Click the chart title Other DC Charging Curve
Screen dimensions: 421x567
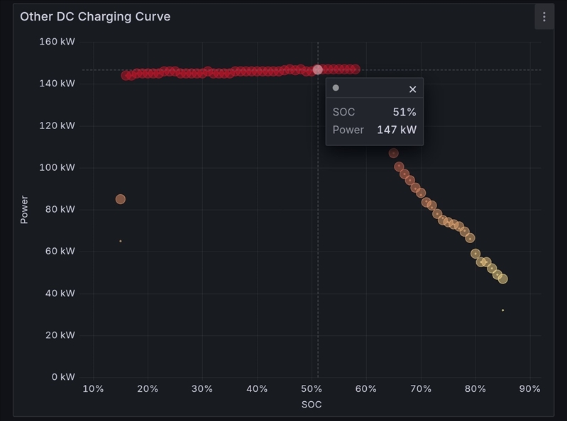95,16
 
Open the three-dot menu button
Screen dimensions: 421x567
544,16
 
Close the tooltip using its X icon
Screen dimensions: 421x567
412,89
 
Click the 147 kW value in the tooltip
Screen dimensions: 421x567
397,130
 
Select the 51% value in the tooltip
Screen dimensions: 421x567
404,112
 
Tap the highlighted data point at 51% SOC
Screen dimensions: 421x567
318,69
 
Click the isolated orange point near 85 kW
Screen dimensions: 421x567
121,199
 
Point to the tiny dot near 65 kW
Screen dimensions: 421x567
121,241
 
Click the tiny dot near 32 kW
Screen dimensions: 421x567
503,310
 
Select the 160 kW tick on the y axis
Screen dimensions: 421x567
57,42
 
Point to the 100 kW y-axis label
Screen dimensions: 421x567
57,167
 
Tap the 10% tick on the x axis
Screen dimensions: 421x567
93,388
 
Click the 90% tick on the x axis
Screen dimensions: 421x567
530,388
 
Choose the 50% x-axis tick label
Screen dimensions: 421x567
312,388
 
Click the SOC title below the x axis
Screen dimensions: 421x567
312,404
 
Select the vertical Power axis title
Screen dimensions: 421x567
24,210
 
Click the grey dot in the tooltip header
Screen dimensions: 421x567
336,88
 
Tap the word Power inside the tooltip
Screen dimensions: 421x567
348,130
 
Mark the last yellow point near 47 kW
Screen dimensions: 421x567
502,279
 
